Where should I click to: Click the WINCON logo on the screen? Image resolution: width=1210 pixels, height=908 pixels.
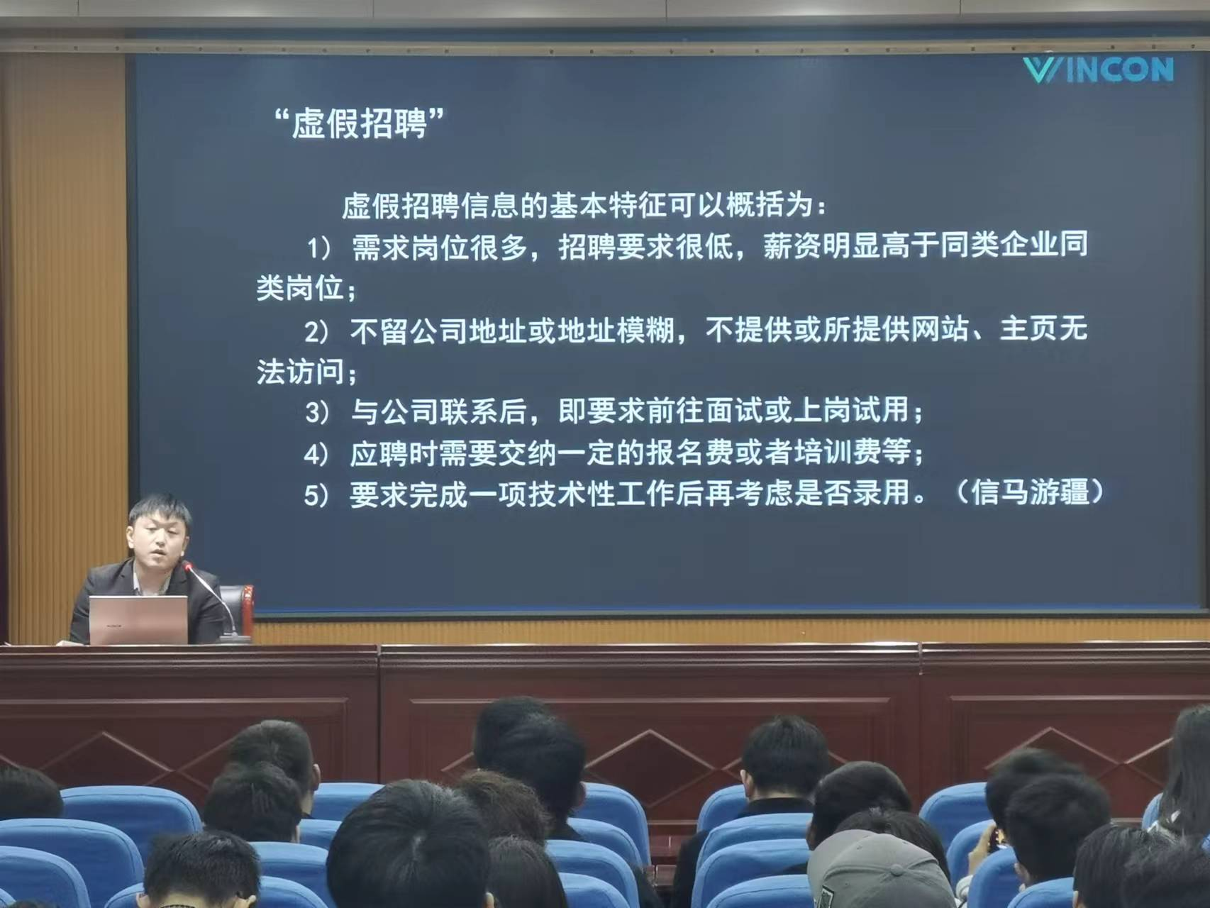tap(1098, 70)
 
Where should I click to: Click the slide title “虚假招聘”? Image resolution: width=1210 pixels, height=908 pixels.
tap(360, 123)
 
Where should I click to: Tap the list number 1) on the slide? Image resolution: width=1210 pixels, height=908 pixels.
tap(318, 248)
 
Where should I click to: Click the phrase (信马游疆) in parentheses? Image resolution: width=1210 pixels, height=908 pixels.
tap(1028, 492)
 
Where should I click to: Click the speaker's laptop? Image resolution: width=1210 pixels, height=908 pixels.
tap(138, 619)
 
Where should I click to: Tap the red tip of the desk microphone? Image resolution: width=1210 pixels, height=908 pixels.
tap(188, 566)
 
